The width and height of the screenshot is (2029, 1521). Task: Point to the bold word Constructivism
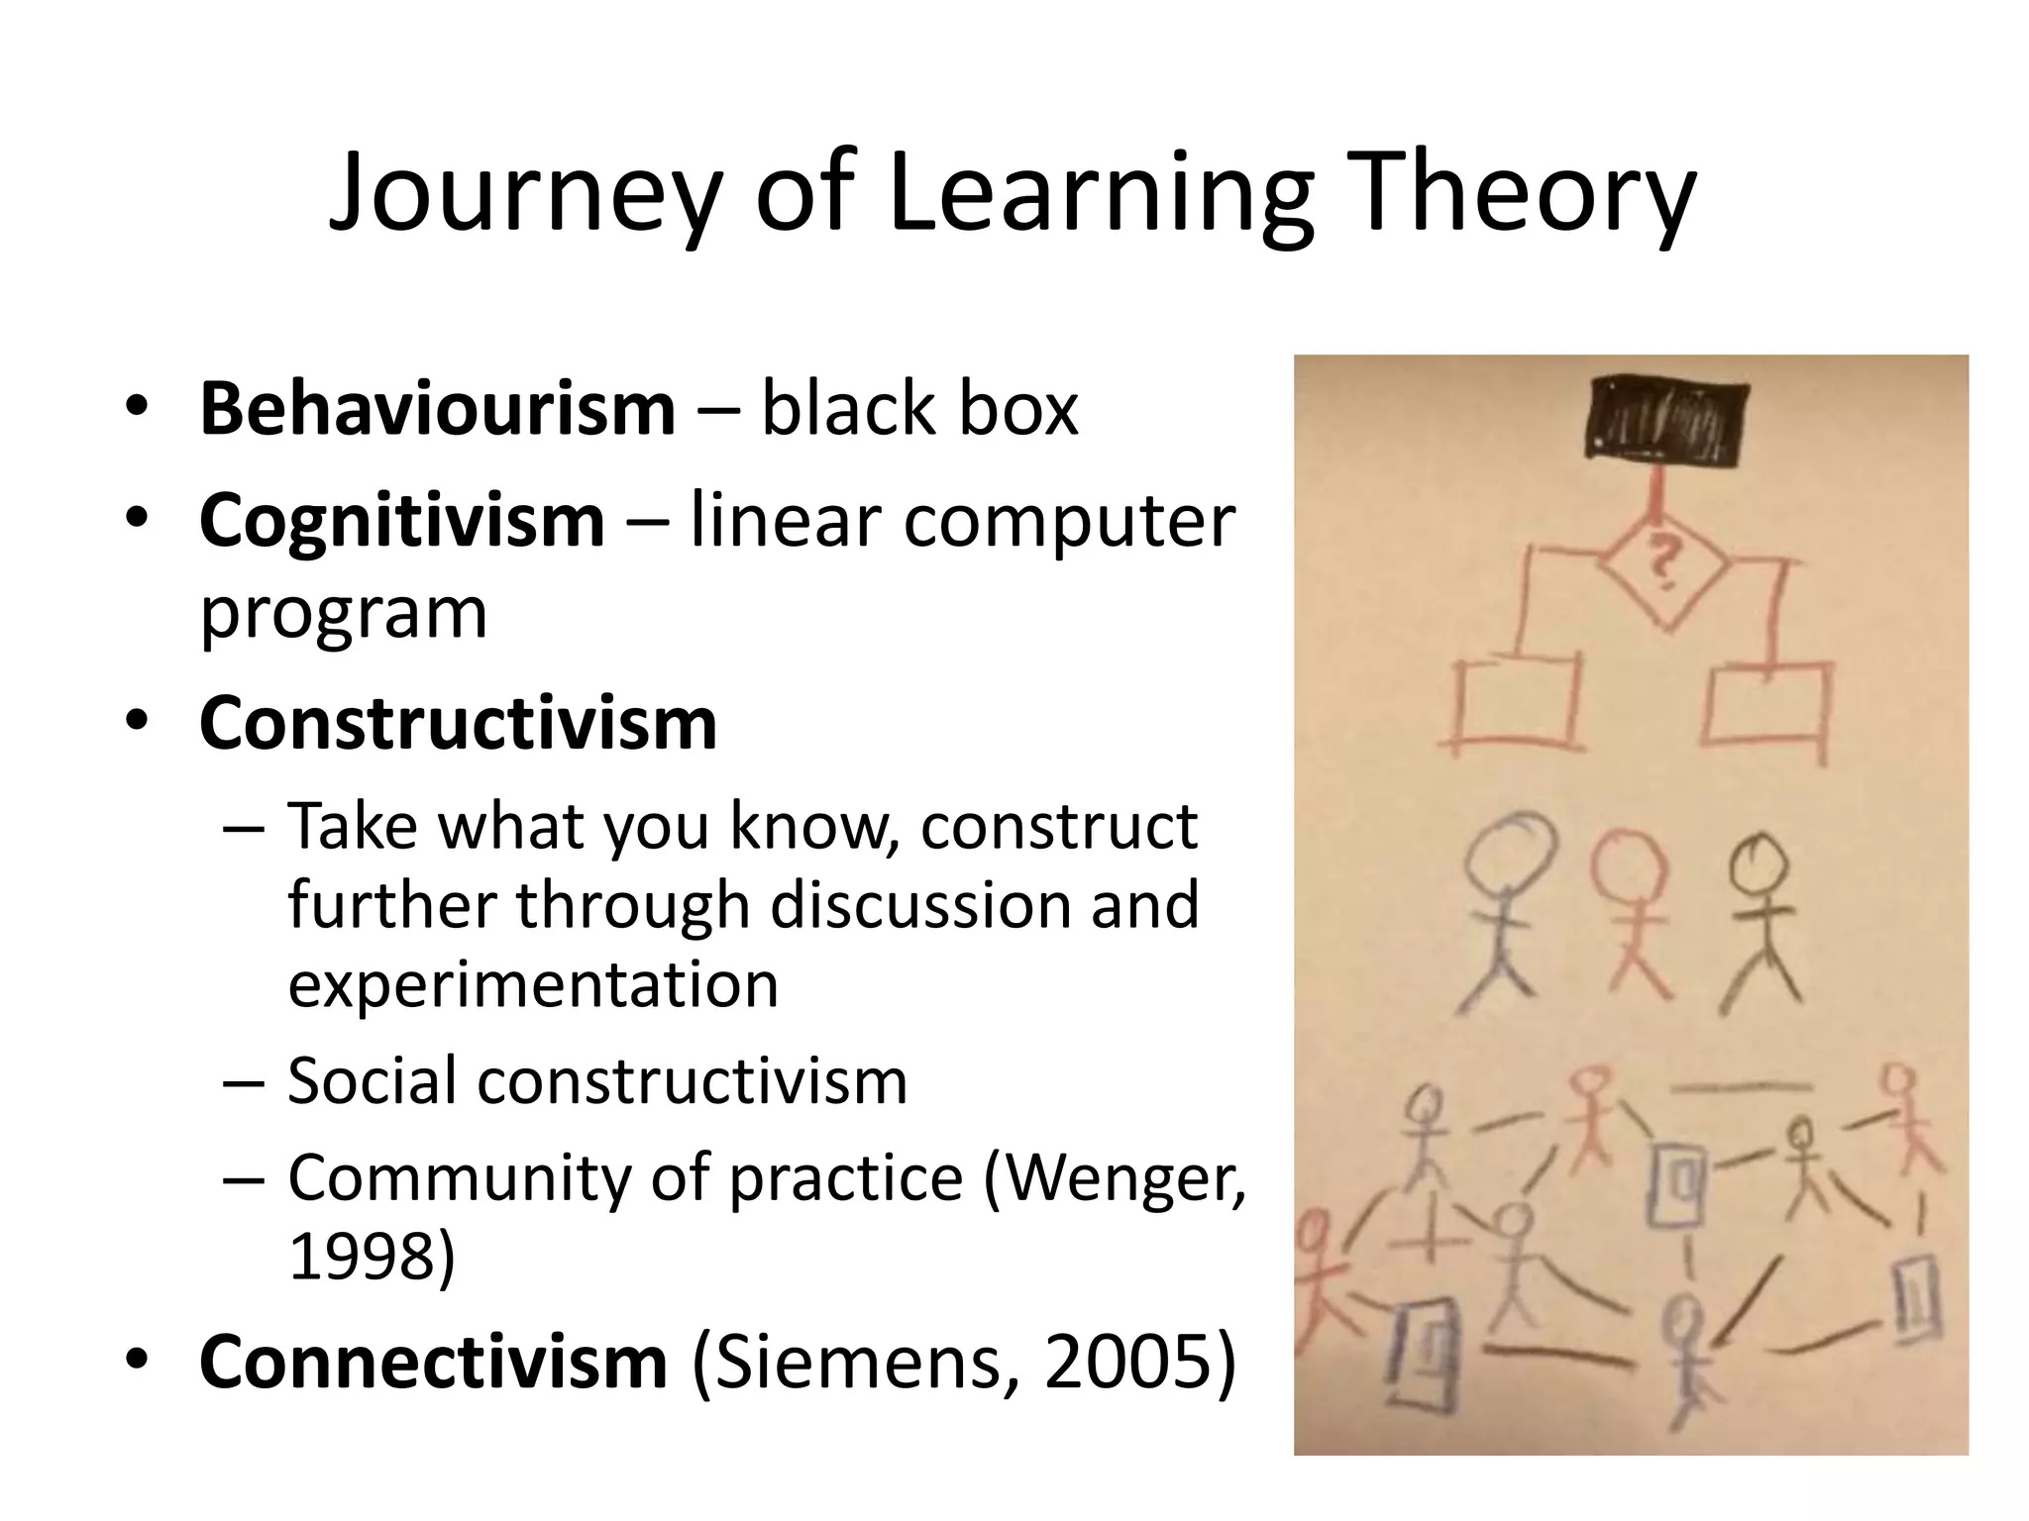coord(458,723)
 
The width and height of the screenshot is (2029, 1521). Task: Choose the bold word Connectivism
coord(433,1363)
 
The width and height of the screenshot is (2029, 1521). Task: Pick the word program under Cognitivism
coord(344,614)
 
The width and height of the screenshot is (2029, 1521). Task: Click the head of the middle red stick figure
coord(1629,865)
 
